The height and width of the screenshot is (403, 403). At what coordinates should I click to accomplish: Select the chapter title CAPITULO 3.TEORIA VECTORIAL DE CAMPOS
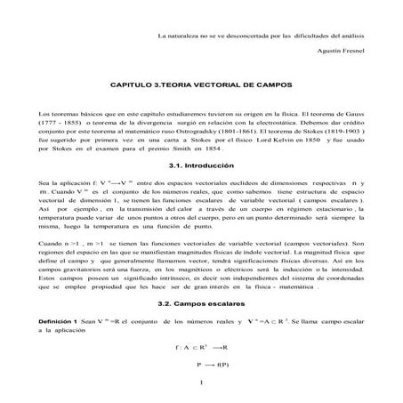(200, 85)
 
